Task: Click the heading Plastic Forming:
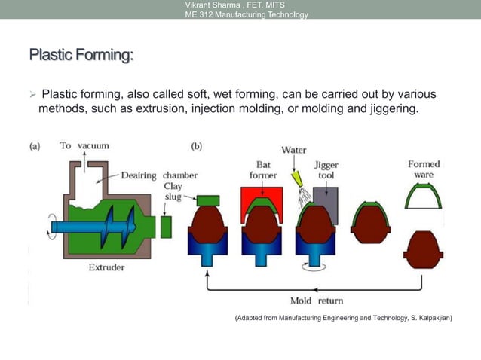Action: (x=81, y=56)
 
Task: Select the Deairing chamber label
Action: (x=159, y=175)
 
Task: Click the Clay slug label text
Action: (x=173, y=191)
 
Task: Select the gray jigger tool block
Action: (x=327, y=197)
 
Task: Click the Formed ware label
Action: (x=424, y=169)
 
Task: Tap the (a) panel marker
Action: (x=35, y=146)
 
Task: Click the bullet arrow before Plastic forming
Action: (x=32, y=96)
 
